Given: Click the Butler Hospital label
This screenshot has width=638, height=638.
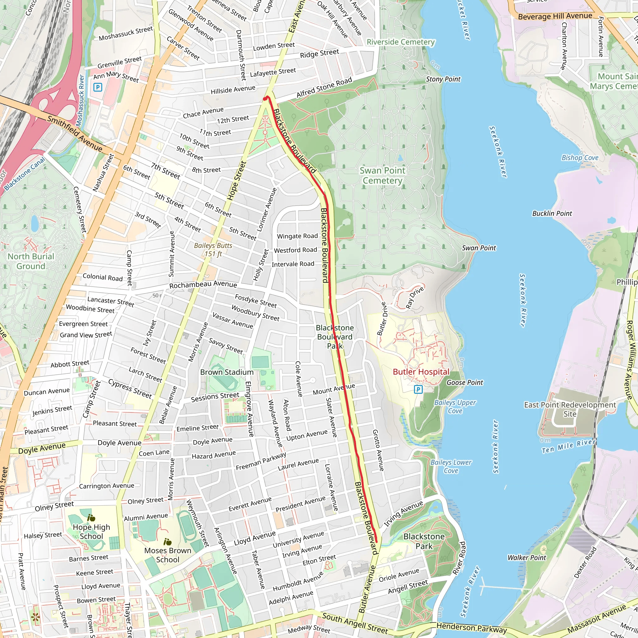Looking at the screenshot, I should point(421,372).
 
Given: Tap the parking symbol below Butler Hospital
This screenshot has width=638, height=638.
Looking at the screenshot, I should point(418,389).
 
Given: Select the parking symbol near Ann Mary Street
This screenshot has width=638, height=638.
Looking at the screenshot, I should point(98,88).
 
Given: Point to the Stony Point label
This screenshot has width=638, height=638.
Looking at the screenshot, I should point(443,79).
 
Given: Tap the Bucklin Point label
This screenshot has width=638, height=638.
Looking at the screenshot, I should point(552,214).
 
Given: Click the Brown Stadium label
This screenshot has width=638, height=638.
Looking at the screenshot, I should point(227,372).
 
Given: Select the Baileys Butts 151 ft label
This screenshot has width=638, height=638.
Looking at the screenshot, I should point(213,250).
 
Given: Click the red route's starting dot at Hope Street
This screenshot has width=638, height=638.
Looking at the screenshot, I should point(265,98).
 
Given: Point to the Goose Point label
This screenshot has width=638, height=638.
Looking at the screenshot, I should point(464,383).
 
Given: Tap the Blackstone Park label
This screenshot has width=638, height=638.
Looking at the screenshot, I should point(424,541).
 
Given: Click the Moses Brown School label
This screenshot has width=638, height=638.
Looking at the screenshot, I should point(168,555).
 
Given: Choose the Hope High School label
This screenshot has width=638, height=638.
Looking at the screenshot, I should point(92,532).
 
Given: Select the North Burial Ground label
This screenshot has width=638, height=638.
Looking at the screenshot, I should point(31,261).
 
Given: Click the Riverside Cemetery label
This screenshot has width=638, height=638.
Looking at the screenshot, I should point(401,42).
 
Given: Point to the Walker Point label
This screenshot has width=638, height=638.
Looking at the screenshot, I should point(527,558).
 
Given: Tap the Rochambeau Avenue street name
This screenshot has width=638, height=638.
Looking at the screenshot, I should point(203,285).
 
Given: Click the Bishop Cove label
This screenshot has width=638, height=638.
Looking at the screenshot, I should point(580,158).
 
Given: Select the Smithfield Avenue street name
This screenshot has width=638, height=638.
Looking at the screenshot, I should point(75,133).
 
